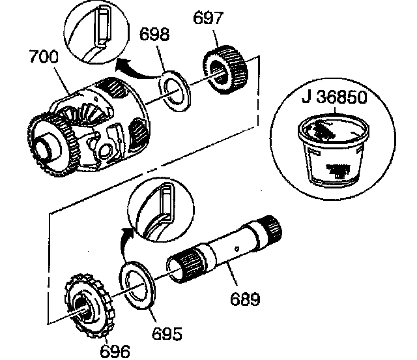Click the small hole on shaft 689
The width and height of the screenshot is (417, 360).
coord(238,247)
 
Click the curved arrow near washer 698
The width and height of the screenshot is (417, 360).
coord(130,62)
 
